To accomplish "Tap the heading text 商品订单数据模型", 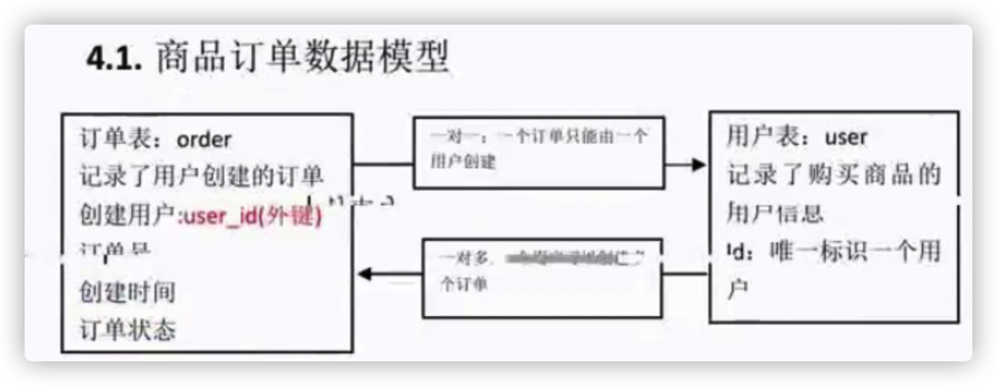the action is point(302,57).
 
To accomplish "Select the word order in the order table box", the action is point(204,140).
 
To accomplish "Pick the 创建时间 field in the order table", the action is point(128,293).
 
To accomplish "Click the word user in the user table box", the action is point(846,138).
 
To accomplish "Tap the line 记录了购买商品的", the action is point(834,176).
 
